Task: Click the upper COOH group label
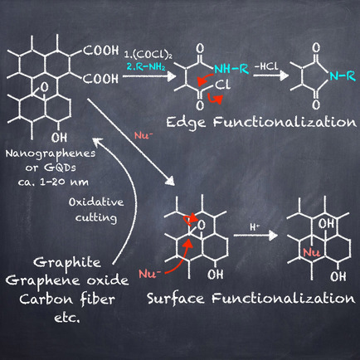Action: (100, 51)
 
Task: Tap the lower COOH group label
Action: (100, 79)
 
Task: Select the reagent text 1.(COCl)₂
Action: (148, 55)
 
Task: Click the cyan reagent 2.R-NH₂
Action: (146, 66)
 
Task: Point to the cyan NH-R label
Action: (231, 69)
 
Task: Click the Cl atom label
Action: (222, 85)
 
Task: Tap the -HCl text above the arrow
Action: (265, 66)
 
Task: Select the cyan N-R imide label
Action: (342, 75)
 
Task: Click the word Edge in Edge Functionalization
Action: (186, 123)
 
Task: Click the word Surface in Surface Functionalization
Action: (176, 299)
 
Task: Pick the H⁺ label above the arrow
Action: (255, 227)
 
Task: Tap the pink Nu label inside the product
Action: (311, 252)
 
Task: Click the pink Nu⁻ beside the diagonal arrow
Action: (144, 136)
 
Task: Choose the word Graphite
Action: (67, 263)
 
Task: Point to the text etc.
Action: (67, 319)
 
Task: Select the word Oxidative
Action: (96, 202)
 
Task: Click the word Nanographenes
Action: (51, 154)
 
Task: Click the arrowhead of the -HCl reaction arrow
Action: (284, 75)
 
